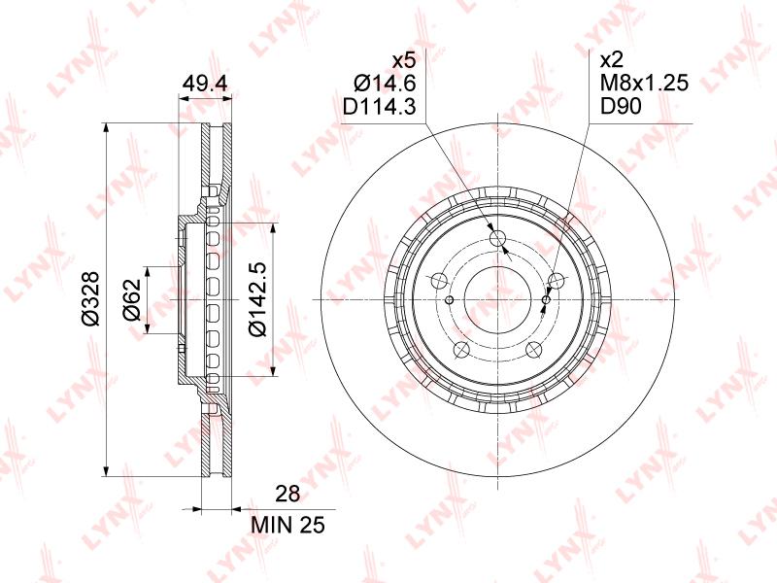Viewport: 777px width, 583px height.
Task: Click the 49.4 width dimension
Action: pyautogui.click(x=205, y=84)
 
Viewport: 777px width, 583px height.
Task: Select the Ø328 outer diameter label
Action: pyautogui.click(x=91, y=299)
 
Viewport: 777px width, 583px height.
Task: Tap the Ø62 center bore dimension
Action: pyautogui.click(x=132, y=299)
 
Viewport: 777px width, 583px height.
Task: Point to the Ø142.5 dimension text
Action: pyautogui.click(x=258, y=299)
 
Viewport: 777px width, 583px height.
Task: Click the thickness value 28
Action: pyautogui.click(x=287, y=494)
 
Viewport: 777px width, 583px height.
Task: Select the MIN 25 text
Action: pyautogui.click(x=287, y=525)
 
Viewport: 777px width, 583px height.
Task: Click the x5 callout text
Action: pyautogui.click(x=403, y=60)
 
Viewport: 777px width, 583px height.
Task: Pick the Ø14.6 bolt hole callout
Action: pyautogui.click(x=385, y=84)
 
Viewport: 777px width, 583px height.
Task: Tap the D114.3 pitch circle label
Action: pyautogui.click(x=380, y=106)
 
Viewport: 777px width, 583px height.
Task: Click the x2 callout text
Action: pyautogui.click(x=611, y=60)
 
